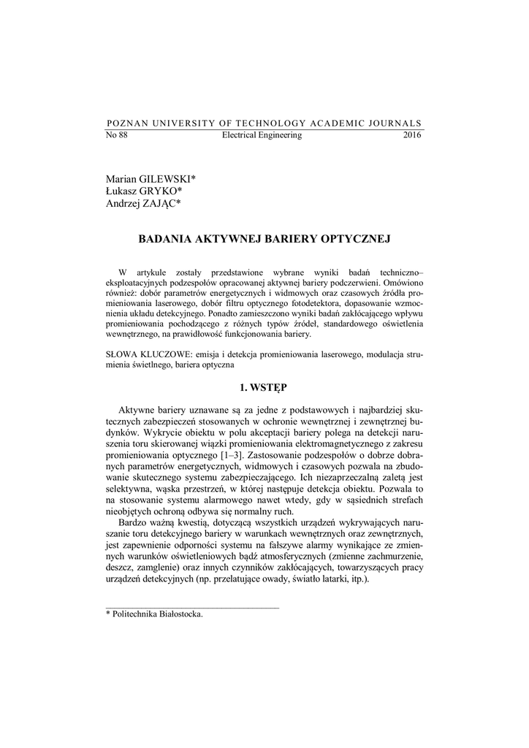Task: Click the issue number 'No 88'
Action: click(117, 136)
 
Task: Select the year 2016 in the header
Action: click(412, 136)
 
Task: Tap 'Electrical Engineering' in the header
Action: click(261, 136)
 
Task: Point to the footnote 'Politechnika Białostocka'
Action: click(158, 614)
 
